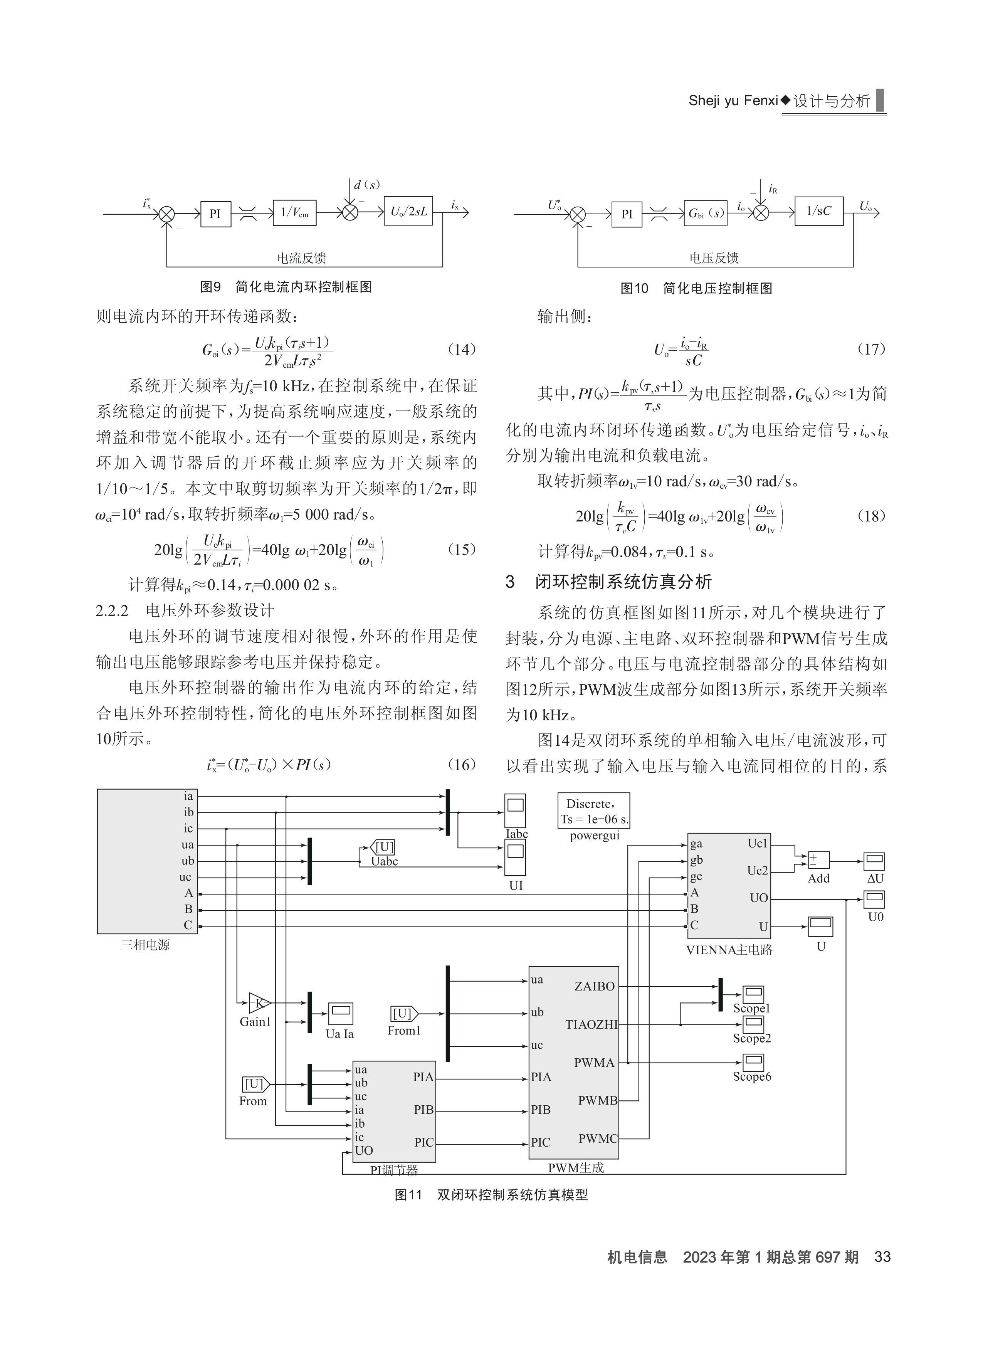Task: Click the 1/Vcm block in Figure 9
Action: coord(294,213)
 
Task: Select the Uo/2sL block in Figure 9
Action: coord(408,211)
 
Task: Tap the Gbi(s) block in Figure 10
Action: coord(706,214)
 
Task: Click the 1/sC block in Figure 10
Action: coord(819,211)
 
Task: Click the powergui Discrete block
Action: coord(594,811)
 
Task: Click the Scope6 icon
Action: coord(753,1062)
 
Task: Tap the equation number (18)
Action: coord(872,516)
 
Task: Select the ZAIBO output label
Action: coord(594,987)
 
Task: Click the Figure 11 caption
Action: coord(491,1195)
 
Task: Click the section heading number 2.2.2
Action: coord(112,611)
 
